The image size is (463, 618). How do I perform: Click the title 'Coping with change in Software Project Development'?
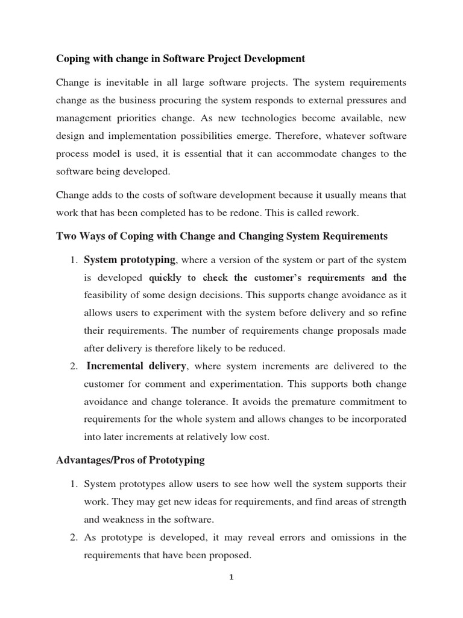(x=180, y=59)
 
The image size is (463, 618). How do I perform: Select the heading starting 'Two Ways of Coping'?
(x=222, y=236)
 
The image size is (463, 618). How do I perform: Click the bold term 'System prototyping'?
(x=130, y=260)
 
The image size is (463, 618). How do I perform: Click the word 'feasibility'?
(x=107, y=295)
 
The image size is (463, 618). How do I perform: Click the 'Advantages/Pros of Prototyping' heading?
(x=130, y=460)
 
